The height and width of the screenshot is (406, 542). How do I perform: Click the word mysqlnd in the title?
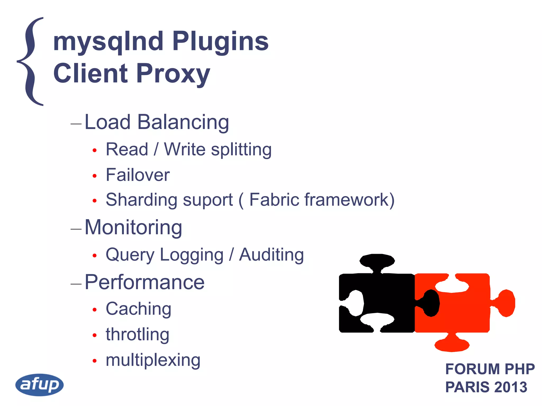pyautogui.click(x=108, y=41)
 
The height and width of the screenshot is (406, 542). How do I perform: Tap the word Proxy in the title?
pyautogui.click(x=173, y=74)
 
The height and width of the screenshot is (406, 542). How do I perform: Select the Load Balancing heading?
pyautogui.click(x=157, y=122)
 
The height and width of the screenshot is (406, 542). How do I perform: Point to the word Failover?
pyautogui.click(x=138, y=175)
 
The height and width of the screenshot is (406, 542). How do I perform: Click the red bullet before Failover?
pyautogui.click(x=95, y=176)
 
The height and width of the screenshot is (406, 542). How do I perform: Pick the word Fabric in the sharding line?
pyautogui.click(x=274, y=200)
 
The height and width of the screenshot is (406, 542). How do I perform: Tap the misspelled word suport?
pyautogui.click(x=208, y=200)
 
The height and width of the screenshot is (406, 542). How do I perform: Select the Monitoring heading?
pyautogui.click(x=133, y=227)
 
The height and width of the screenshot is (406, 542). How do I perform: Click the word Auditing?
pyautogui.click(x=271, y=255)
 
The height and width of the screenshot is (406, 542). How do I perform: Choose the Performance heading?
pyautogui.click(x=144, y=282)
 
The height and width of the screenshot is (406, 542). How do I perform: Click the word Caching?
pyautogui.click(x=138, y=309)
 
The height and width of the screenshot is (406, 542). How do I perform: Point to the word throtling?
pyautogui.click(x=137, y=334)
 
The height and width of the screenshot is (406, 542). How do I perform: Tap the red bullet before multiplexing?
pyautogui.click(x=95, y=361)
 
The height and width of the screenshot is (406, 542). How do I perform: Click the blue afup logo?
pyautogui.click(x=39, y=385)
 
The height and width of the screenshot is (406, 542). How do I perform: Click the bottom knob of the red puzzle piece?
pyautogui.click(x=452, y=344)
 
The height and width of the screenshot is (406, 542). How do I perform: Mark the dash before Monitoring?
pyautogui.click(x=76, y=229)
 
